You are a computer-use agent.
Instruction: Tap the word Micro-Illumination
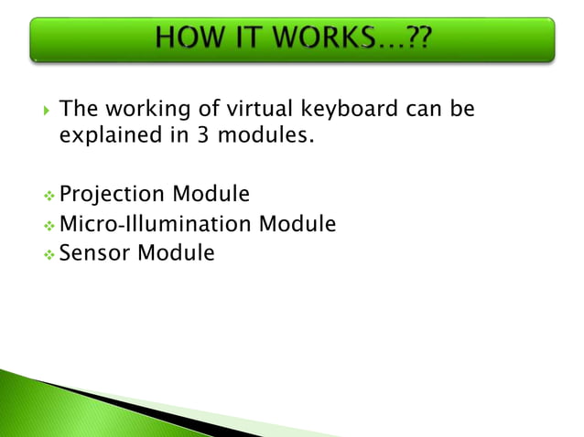(156, 223)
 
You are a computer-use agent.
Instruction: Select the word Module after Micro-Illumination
(297, 223)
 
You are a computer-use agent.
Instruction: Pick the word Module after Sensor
(176, 252)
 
